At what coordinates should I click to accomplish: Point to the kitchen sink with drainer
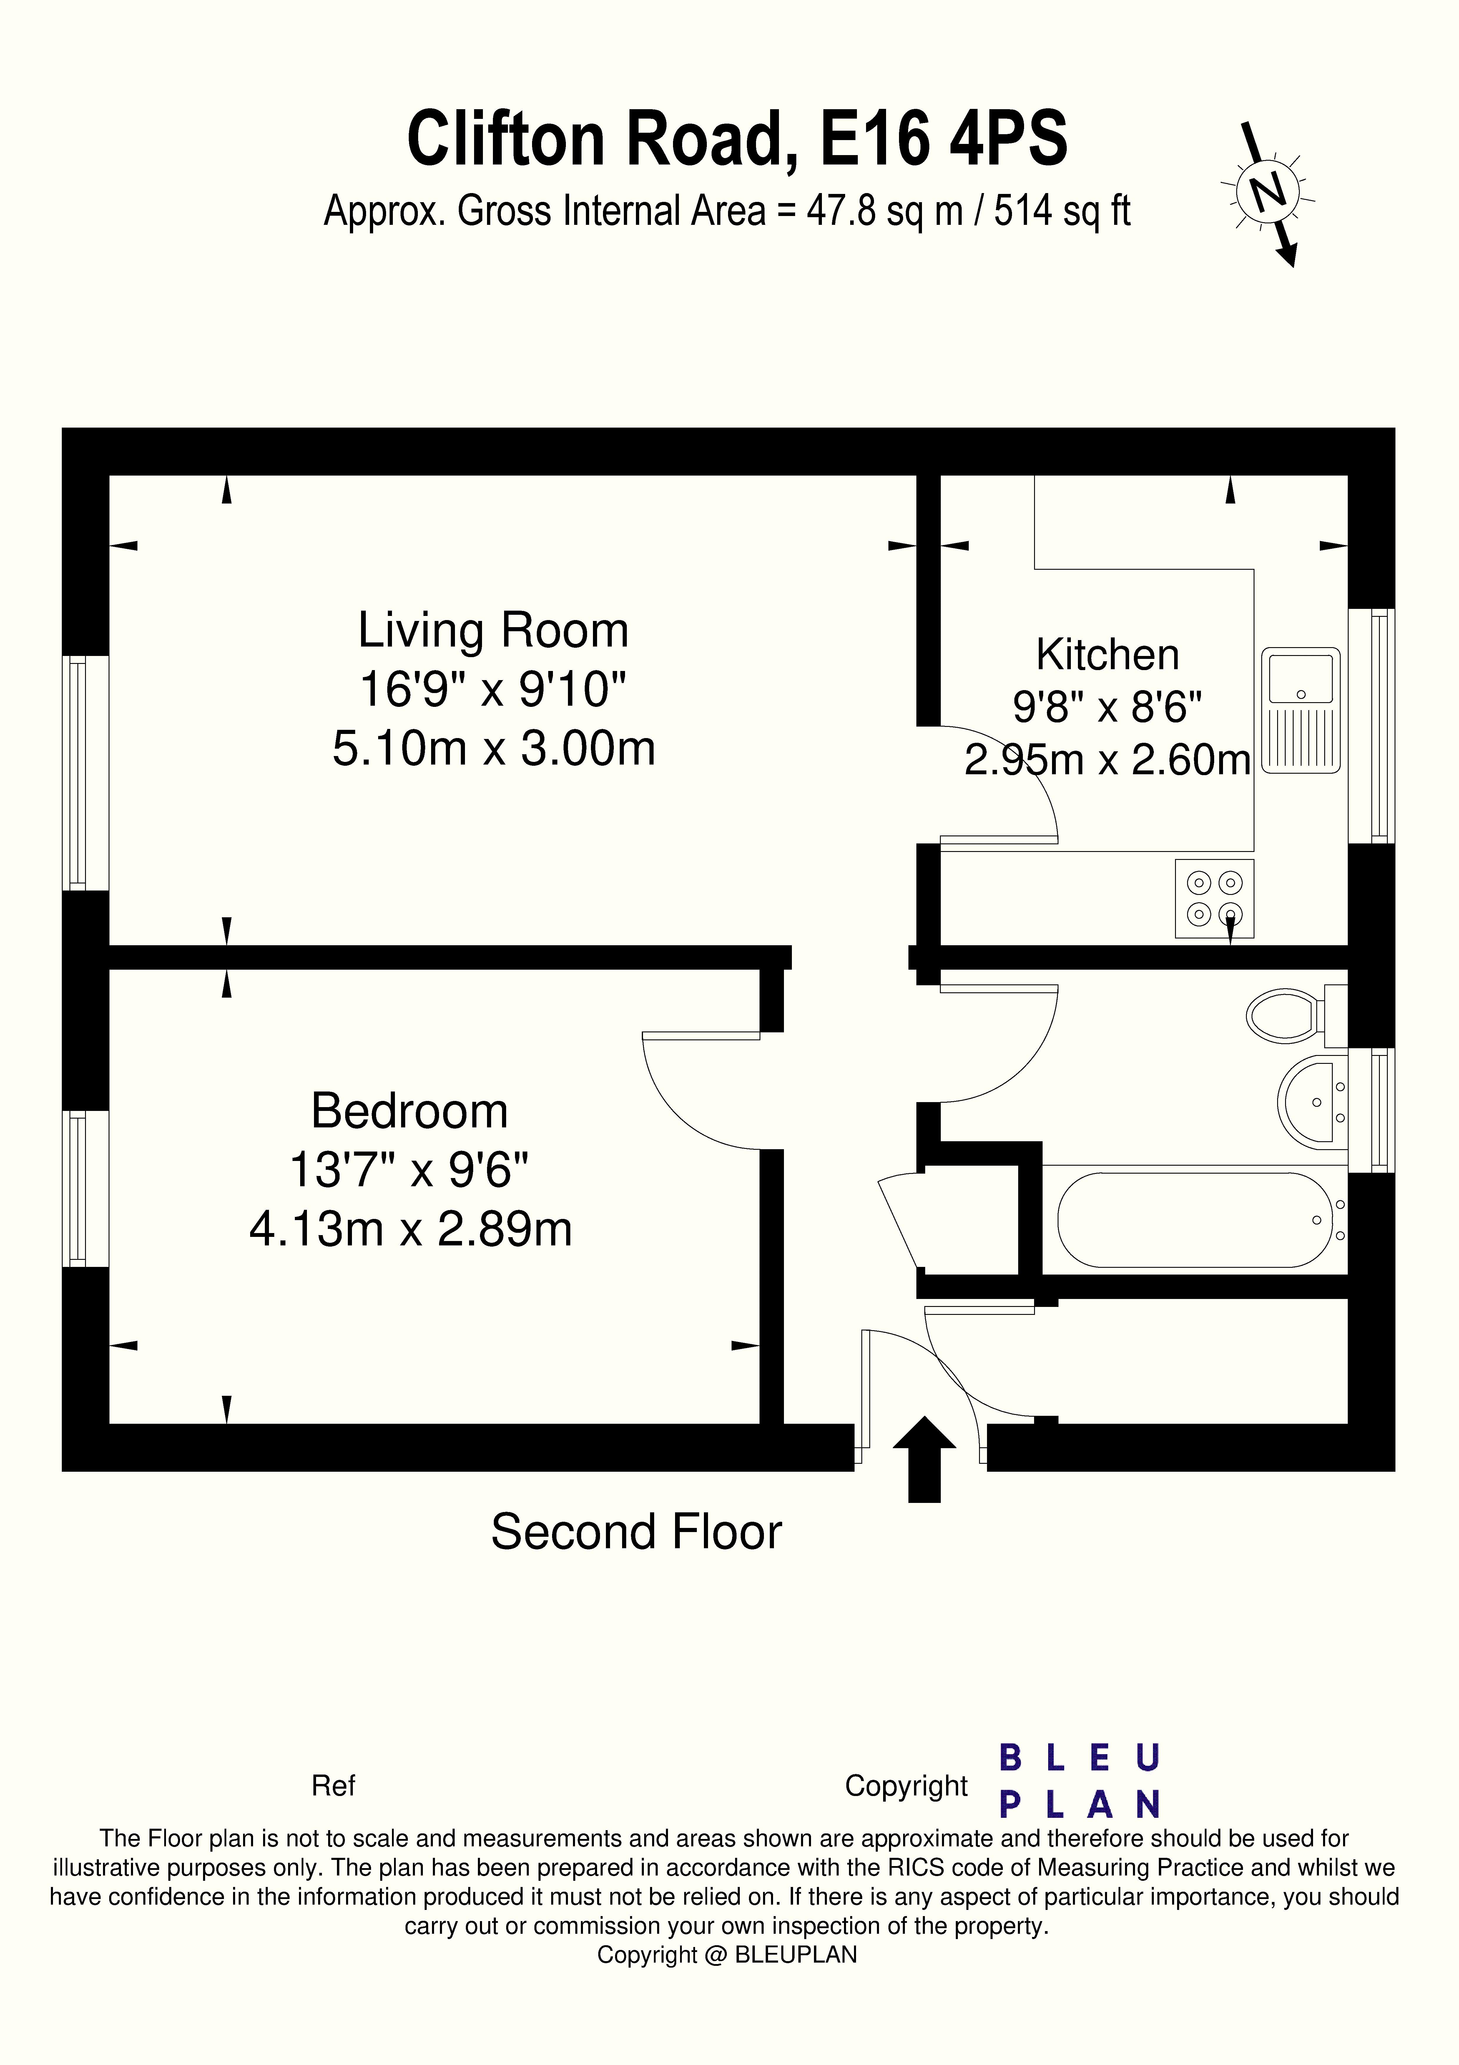coord(1301,710)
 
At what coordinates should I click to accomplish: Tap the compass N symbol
coord(1268,192)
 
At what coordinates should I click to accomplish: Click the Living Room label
coord(493,629)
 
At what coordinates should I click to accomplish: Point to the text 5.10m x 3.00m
coord(493,748)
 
